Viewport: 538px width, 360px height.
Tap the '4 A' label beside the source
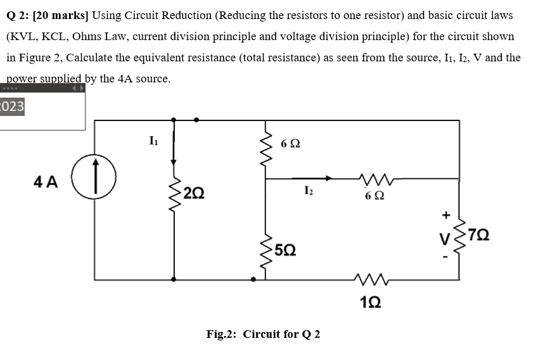45,182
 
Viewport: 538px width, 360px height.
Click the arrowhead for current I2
327,179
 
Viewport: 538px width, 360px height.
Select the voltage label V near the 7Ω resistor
446,240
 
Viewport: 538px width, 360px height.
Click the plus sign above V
446,215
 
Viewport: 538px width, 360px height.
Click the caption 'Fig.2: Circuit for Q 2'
263,334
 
